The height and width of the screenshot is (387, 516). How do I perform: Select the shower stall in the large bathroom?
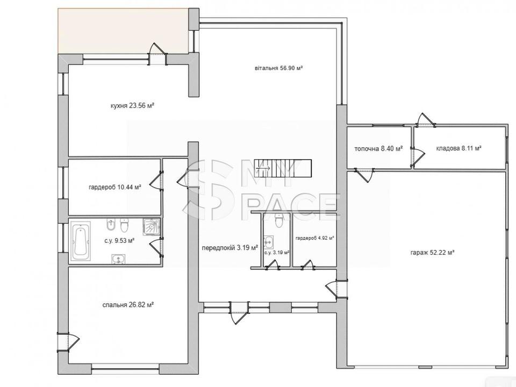[x=152, y=227]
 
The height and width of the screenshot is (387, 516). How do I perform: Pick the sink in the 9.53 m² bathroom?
[x=118, y=259]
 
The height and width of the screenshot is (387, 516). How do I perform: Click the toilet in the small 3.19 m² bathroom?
[x=278, y=220]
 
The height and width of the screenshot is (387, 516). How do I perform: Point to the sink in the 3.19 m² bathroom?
[x=268, y=242]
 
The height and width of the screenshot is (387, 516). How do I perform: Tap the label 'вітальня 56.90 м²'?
[x=278, y=68]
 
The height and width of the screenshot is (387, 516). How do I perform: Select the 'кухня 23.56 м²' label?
[x=133, y=106]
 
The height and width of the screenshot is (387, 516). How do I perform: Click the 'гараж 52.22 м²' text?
[x=432, y=253]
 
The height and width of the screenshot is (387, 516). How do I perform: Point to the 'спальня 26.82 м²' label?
[x=128, y=305]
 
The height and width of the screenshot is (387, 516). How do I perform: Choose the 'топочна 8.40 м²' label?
[x=379, y=148]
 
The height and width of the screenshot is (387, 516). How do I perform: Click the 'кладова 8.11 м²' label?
[x=458, y=148]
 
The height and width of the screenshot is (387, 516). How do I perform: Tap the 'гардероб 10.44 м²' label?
[x=115, y=188]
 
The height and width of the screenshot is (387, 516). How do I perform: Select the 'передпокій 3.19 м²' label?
[x=230, y=247]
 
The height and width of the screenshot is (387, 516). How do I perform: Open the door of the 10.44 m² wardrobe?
[x=156, y=181]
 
